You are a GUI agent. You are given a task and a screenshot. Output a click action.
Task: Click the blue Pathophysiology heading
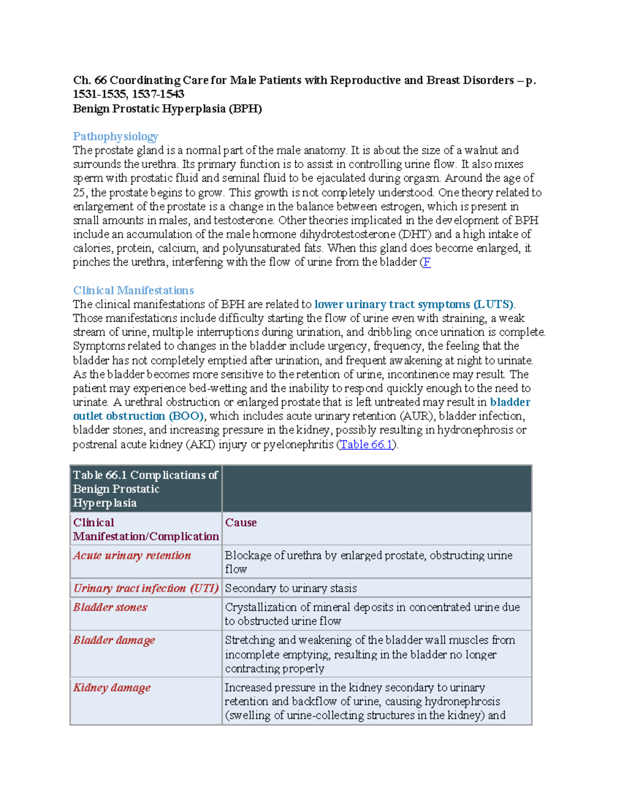coord(115,137)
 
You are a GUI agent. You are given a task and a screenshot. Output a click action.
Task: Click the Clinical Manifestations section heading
coord(134,290)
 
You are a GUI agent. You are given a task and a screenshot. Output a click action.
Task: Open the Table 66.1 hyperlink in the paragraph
coord(366,444)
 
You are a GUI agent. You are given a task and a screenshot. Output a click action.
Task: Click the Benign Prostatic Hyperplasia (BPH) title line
coord(167,109)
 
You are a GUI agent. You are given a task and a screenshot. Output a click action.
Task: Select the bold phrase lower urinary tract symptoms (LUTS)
coord(413,304)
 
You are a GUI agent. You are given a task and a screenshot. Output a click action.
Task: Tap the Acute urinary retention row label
coord(132,555)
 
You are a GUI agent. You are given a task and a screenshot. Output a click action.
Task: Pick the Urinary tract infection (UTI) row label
coord(146,588)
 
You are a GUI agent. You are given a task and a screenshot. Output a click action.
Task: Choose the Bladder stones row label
coord(110,607)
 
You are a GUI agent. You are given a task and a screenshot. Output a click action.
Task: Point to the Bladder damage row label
coord(114,640)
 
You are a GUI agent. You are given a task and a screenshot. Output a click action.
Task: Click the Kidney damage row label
coord(112,688)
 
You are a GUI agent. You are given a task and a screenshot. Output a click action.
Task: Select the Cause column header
coord(241,522)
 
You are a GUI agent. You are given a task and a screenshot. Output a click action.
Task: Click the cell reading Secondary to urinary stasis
coord(291,588)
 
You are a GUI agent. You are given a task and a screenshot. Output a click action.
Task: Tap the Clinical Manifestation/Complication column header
coord(146,529)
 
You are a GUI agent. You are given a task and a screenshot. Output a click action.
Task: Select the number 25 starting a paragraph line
coord(80,193)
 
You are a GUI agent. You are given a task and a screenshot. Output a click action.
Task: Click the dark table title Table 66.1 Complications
coord(145,489)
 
